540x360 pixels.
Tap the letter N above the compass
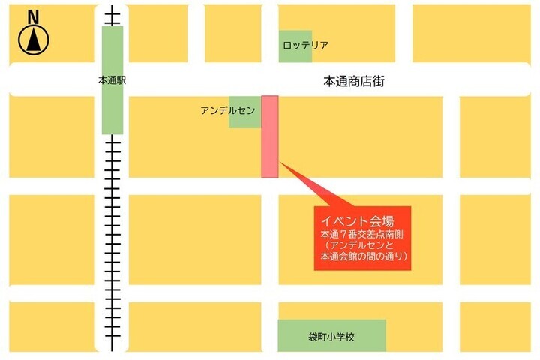(33, 16)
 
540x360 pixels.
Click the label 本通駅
(112, 79)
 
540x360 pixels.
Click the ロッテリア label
(305, 46)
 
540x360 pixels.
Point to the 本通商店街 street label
(354, 80)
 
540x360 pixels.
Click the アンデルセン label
(227, 110)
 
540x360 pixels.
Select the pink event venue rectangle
(270, 136)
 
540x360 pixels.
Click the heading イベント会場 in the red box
(358, 221)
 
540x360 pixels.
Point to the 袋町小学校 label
(331, 337)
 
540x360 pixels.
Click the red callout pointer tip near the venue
(281, 163)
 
